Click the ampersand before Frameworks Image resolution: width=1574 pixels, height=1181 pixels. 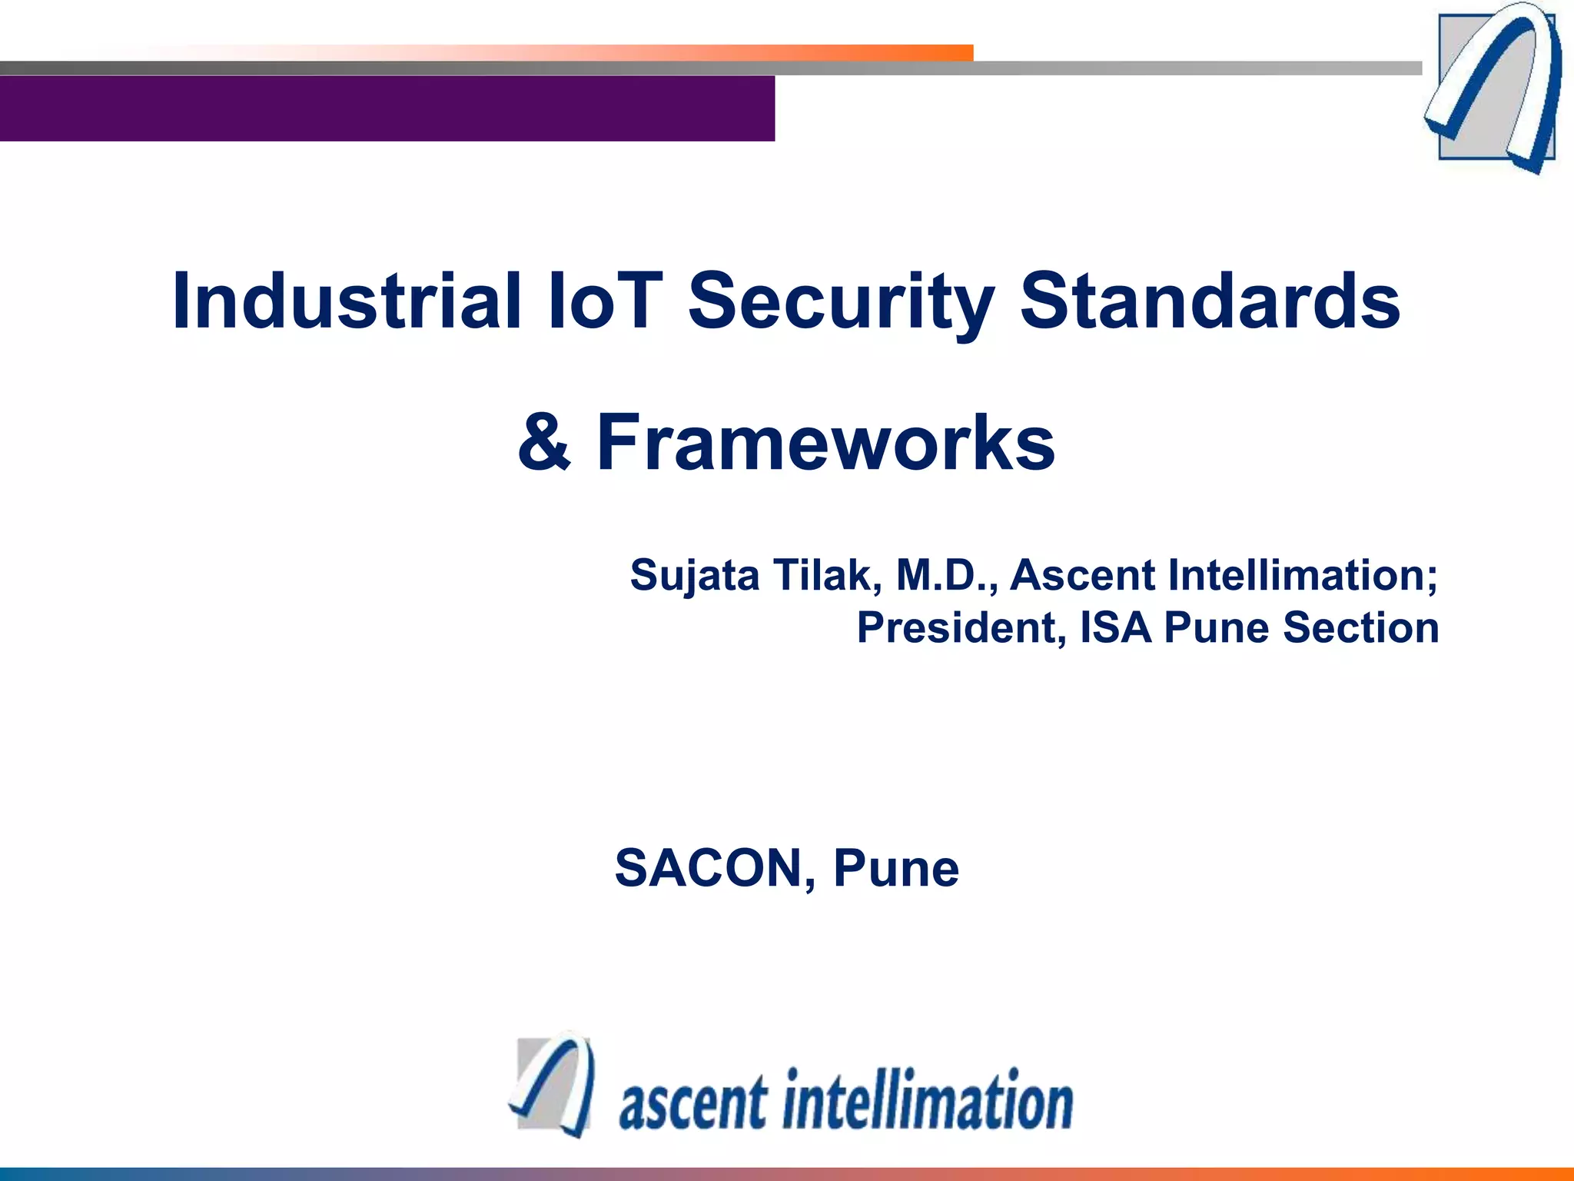[x=544, y=443]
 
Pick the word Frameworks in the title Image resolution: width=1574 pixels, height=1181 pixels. [x=825, y=443]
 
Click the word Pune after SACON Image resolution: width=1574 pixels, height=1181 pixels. [x=896, y=869]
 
